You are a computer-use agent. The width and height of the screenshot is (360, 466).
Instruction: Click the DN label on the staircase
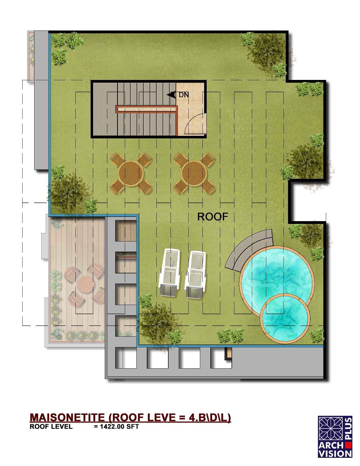click(x=184, y=95)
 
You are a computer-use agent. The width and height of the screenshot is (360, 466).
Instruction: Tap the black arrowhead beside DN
click(x=171, y=95)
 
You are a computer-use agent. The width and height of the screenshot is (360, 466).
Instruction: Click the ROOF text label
click(x=213, y=217)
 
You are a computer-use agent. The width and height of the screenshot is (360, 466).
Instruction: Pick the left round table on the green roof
click(x=131, y=173)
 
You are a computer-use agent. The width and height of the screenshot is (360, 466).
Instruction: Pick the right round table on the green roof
click(x=194, y=173)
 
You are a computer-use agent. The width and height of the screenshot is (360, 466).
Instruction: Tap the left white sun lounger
click(x=170, y=273)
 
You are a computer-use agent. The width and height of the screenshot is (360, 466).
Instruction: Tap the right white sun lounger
click(x=195, y=275)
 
